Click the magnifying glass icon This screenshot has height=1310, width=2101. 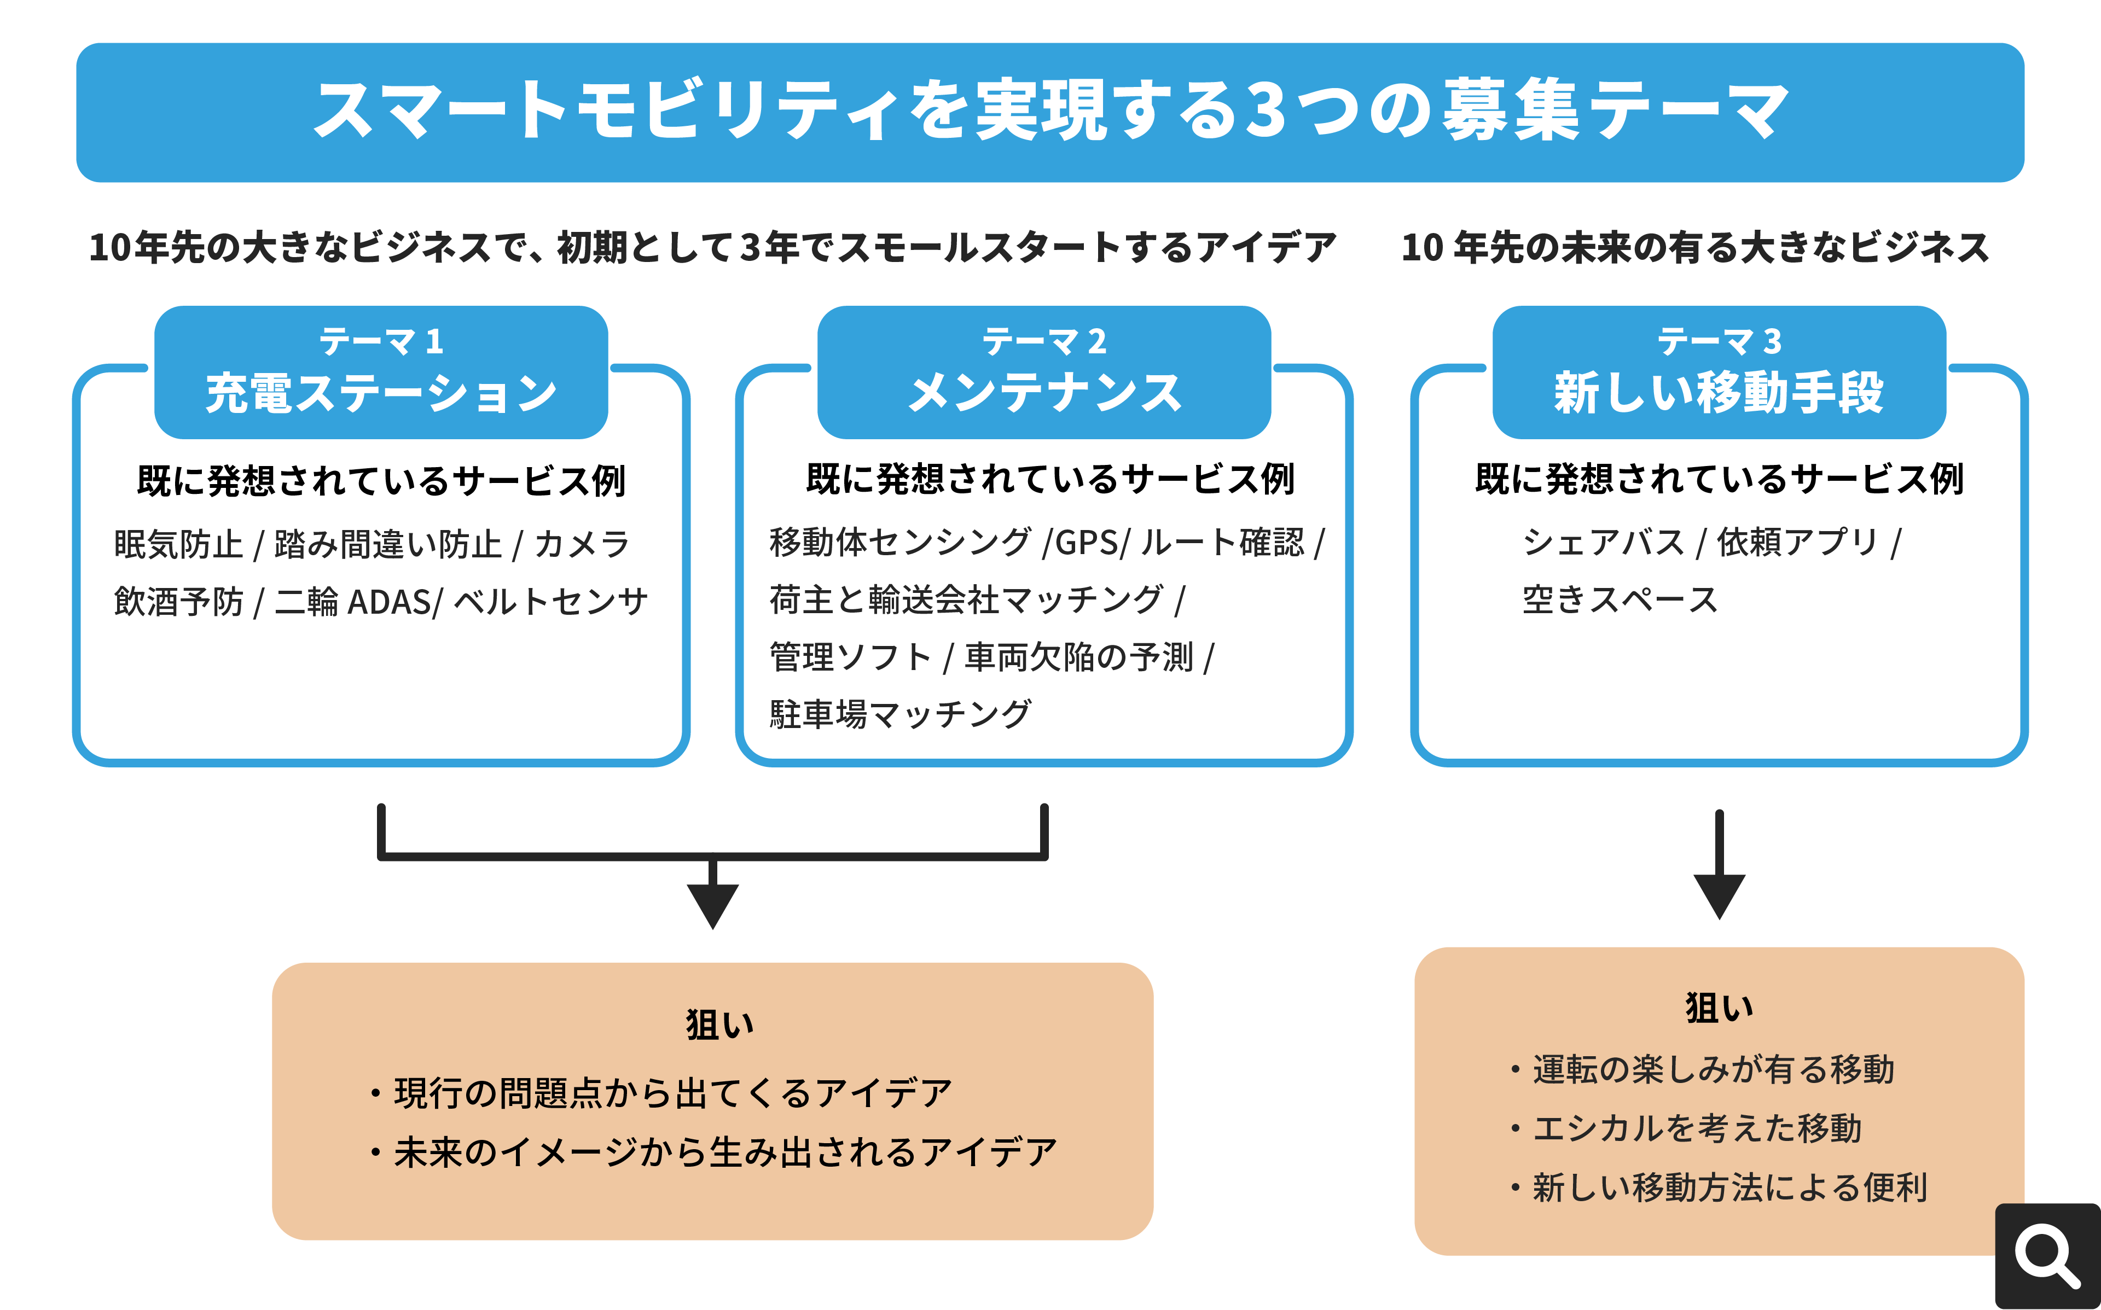(x=2048, y=1256)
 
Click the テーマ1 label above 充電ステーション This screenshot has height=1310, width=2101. (x=381, y=341)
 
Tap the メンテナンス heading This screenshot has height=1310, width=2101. (x=1044, y=393)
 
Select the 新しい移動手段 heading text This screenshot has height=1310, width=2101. (x=1719, y=393)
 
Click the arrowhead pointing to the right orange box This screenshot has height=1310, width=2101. (x=1719, y=896)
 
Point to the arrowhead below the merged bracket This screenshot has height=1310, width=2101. (x=712, y=905)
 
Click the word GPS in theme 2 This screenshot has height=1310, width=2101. (x=1087, y=543)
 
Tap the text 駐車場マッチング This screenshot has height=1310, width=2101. (x=900, y=714)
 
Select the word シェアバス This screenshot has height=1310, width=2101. (x=1603, y=543)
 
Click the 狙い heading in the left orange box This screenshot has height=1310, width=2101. (x=719, y=1025)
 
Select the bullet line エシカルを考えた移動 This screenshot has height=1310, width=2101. (x=1697, y=1128)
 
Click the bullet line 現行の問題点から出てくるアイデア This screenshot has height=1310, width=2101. (x=672, y=1093)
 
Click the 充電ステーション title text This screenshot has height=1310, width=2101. (x=381, y=393)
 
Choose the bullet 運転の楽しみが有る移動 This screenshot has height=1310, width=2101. (x=1713, y=1069)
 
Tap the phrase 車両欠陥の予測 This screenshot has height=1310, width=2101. (x=1078, y=657)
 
